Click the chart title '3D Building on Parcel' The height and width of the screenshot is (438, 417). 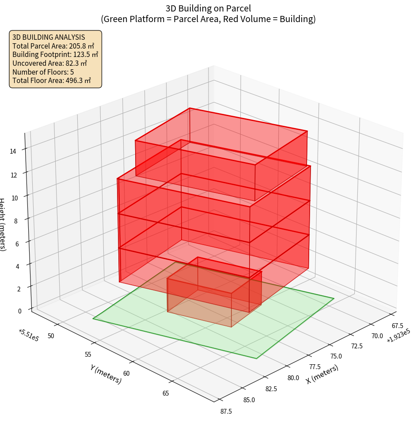[x=208, y=8]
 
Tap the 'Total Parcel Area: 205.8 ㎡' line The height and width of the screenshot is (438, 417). [x=53, y=46]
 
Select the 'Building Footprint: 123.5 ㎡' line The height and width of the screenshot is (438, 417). [x=55, y=55]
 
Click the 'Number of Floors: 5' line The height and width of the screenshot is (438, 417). [x=43, y=72]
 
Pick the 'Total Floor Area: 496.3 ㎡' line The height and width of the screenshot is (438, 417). [x=52, y=80]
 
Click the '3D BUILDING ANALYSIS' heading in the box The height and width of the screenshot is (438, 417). [x=49, y=37]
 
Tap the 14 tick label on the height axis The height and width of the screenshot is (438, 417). [x=13, y=151]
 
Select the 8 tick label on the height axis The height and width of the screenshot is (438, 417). [x=15, y=220]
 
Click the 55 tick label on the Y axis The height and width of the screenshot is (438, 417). [x=87, y=355]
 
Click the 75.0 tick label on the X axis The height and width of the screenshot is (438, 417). [x=336, y=356]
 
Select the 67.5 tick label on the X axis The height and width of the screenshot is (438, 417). [x=397, y=326]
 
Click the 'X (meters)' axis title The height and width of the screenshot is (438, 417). [x=322, y=374]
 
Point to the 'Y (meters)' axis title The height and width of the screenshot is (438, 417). [x=106, y=374]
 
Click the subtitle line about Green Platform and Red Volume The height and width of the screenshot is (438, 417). [x=208, y=19]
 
